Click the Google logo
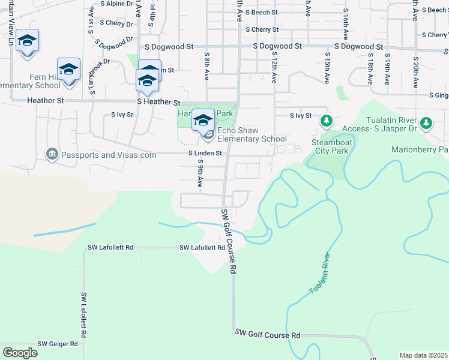pos(20,353)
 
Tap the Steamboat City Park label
pos(330,146)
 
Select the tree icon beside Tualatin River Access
pos(426,123)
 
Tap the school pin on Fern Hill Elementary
pos(68,69)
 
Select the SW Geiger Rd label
pos(58,344)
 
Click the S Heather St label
pos(158,102)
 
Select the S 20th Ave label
pos(415,73)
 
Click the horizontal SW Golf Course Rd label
pos(268,334)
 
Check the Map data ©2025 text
pos(423,355)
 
